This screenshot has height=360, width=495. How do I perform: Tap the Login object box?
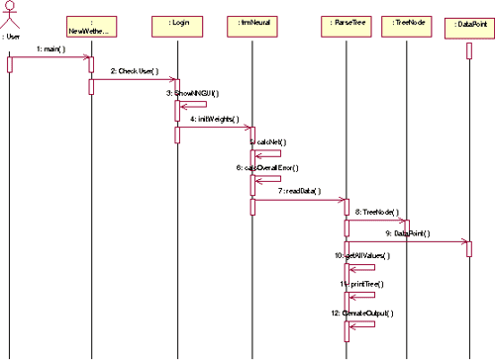coord(179,22)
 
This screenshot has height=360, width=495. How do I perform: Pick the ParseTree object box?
coord(346,22)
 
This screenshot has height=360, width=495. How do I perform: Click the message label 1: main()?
coord(50,48)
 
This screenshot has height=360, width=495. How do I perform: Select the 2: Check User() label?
coord(135,71)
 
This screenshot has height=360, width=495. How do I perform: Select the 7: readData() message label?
coord(300,191)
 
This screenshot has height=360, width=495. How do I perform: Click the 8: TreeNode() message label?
coord(374,213)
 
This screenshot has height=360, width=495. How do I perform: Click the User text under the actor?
coord(11,37)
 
